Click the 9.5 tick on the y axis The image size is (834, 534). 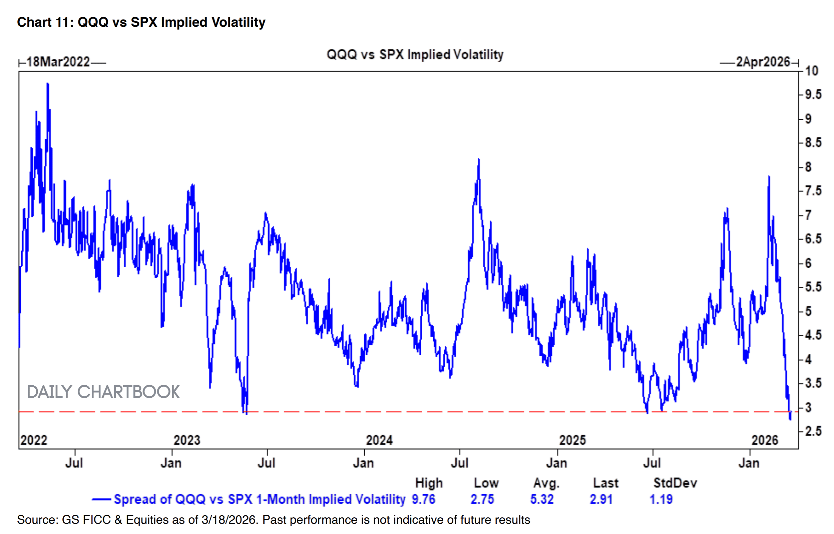tap(813, 95)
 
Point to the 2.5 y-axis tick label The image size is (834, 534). tap(813, 431)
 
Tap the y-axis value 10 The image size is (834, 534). tap(811, 71)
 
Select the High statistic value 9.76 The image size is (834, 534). tap(423, 499)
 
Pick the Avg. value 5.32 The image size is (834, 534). tap(541, 499)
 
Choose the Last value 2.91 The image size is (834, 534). tap(601, 499)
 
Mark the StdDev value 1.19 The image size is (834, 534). tap(661, 499)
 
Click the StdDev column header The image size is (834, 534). tap(675, 483)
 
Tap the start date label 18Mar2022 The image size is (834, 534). tap(58, 62)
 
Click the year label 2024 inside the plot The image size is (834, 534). tap(379, 440)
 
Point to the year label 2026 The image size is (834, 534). tap(765, 440)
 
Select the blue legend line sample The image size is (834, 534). tap(101, 500)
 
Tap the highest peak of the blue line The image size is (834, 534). tap(47, 84)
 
